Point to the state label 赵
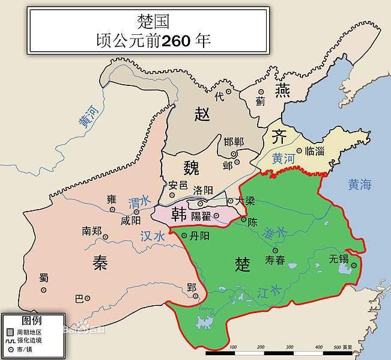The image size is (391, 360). coord(202,114)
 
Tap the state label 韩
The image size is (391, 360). coord(178,213)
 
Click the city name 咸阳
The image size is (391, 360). coord(131,221)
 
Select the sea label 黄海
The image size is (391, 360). coord(360,185)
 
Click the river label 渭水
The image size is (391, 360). coord(138,201)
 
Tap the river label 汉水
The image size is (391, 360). coord(153,236)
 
